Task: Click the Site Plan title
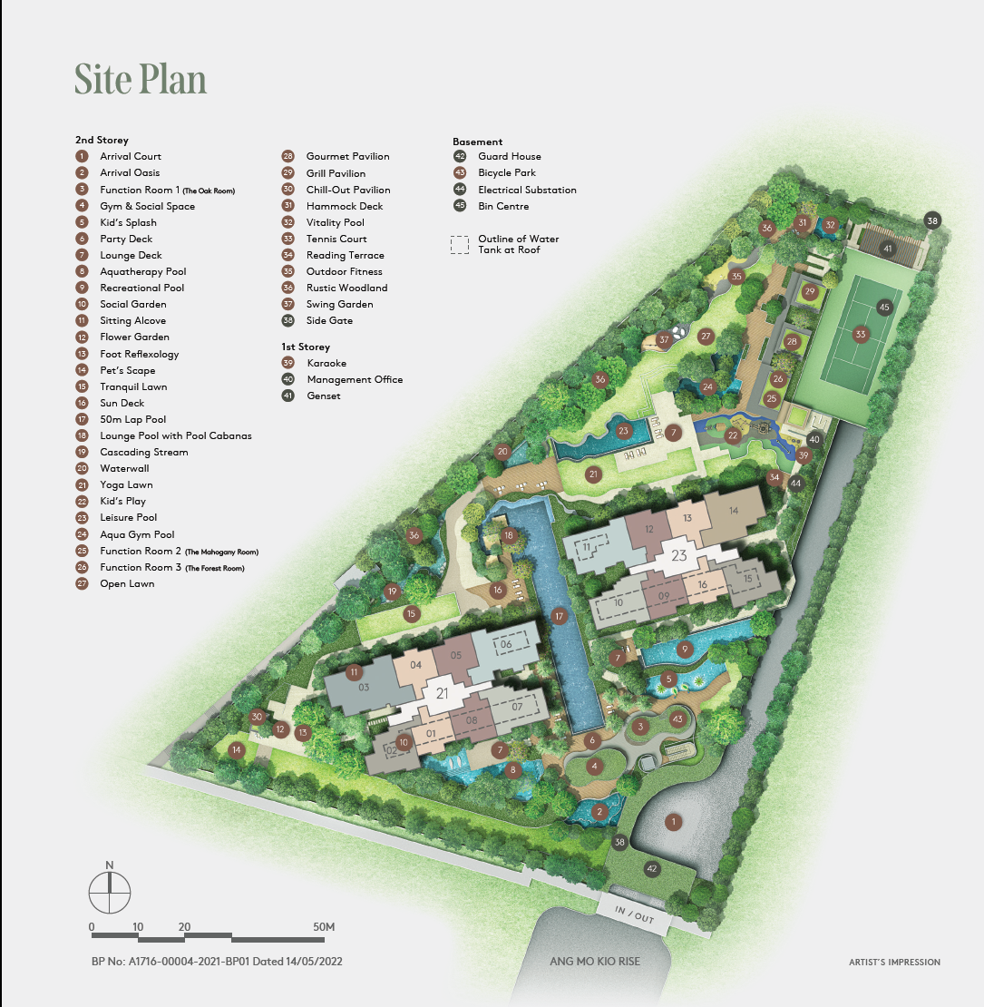[x=141, y=80]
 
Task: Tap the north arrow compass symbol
[x=110, y=892]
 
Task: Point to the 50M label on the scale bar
[x=324, y=926]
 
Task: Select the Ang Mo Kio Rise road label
[x=595, y=962]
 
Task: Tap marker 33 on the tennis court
[x=860, y=334]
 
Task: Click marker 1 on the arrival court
[x=673, y=822]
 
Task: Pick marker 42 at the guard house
[x=651, y=868]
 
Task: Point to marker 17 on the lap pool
[x=560, y=617]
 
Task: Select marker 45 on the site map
[x=884, y=308]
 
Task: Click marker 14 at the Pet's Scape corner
[x=237, y=749]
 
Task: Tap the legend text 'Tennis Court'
[x=336, y=239]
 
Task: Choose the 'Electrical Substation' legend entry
[x=527, y=190]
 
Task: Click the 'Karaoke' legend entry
[x=327, y=363]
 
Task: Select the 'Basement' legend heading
[x=477, y=142]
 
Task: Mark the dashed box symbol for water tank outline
[x=460, y=244]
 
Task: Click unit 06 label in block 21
[x=506, y=644]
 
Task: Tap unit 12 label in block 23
[x=650, y=529]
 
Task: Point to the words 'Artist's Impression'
[x=894, y=962]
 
